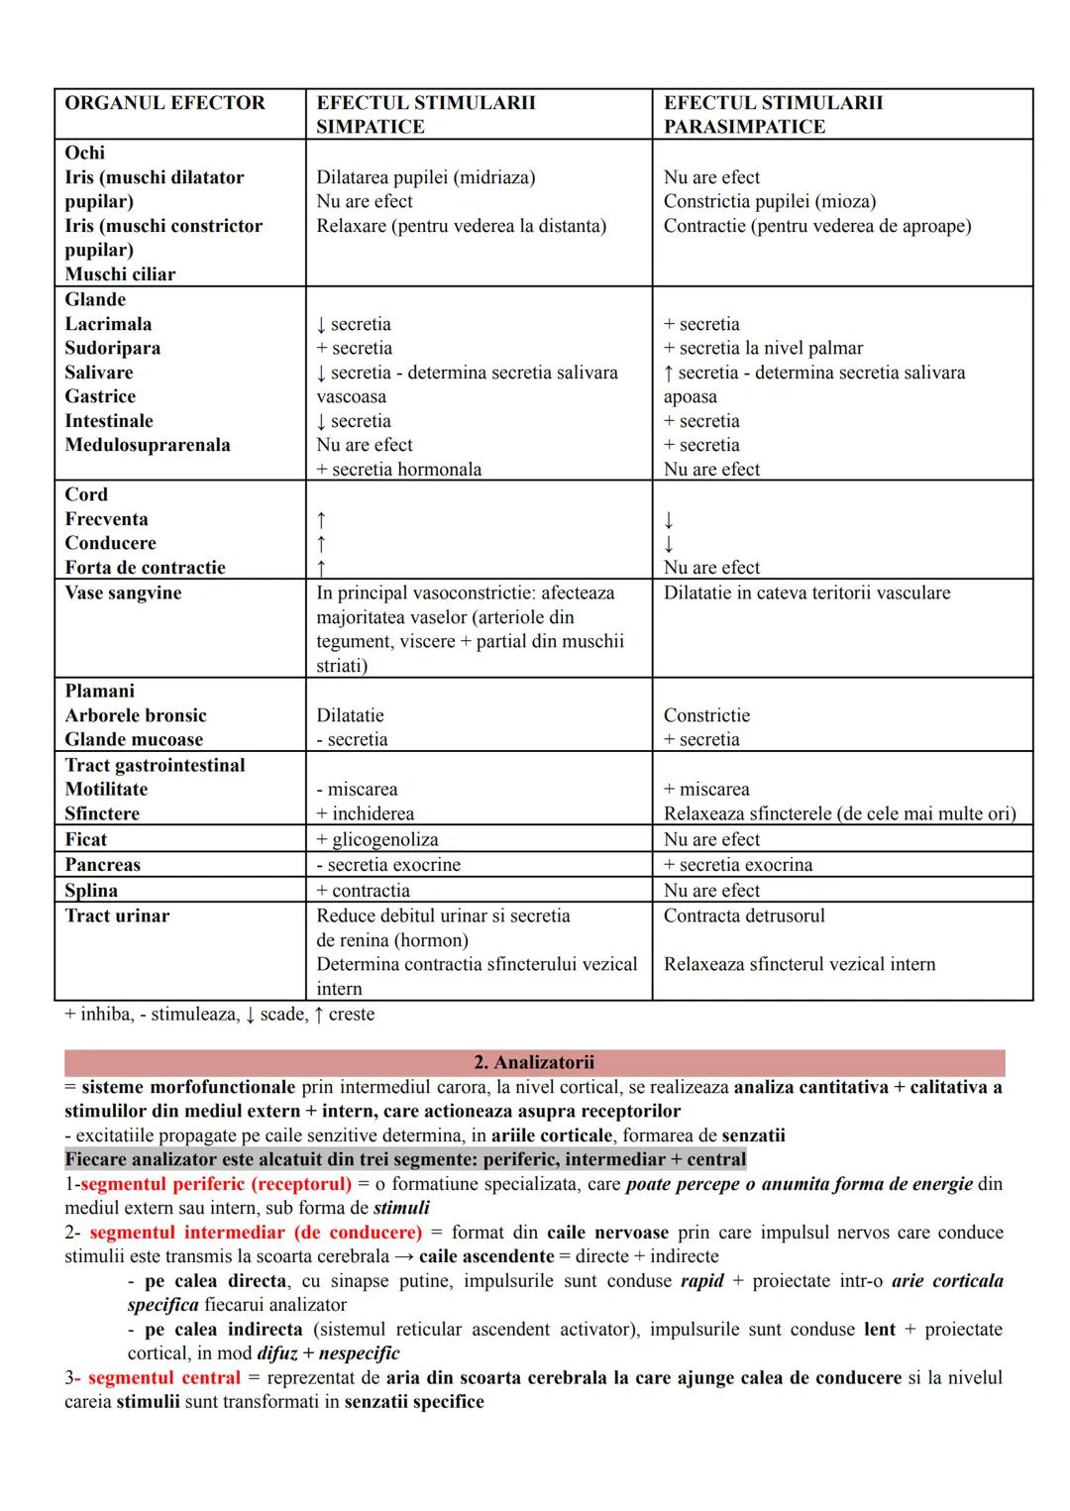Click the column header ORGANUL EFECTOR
(x=164, y=103)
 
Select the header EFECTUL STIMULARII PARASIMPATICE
(x=773, y=115)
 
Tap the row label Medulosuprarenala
(x=148, y=445)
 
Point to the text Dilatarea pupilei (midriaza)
(x=425, y=177)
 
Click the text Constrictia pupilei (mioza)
(x=769, y=201)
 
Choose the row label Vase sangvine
(x=123, y=593)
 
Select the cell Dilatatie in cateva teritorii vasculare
(x=806, y=593)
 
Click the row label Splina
(x=91, y=890)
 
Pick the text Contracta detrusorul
(x=743, y=916)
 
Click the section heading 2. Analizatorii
(x=534, y=1062)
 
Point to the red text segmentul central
(x=163, y=1377)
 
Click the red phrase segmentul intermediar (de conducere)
(x=256, y=1233)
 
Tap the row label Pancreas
(x=103, y=864)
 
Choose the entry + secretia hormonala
(x=398, y=470)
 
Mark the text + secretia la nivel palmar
(x=763, y=348)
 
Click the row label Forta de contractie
(x=145, y=568)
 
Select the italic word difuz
(x=277, y=1353)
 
